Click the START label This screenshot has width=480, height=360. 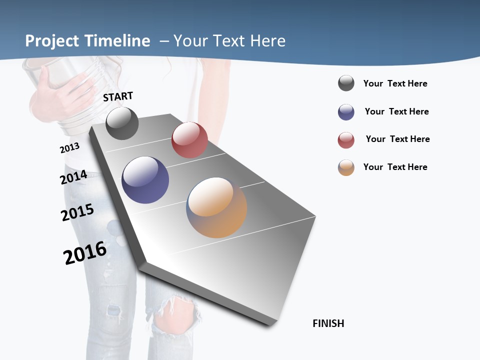click(118, 96)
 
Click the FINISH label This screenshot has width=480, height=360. click(328, 323)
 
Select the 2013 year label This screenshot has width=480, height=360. click(69, 148)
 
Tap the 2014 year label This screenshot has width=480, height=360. click(74, 177)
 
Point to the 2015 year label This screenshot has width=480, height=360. click(77, 212)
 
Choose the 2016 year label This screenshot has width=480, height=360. click(85, 253)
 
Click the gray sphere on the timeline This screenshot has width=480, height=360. click(122, 123)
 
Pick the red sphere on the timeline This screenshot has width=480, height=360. click(189, 140)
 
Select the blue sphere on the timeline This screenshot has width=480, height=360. click(145, 180)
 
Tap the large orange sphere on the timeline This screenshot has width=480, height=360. click(216, 207)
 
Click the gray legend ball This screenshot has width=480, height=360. click(346, 83)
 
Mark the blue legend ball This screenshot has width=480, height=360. click(346, 112)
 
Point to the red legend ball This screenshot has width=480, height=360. click(346, 140)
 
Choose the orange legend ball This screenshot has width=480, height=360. click(346, 167)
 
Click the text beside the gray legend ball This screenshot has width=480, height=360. click(395, 83)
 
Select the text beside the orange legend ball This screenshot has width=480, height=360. click(395, 167)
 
